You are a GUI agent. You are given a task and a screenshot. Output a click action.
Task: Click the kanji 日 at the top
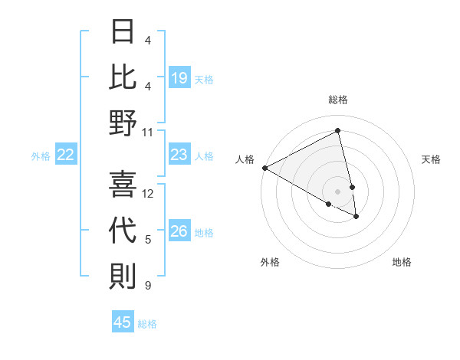(123, 33)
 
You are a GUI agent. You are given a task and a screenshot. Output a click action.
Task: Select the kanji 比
(123, 78)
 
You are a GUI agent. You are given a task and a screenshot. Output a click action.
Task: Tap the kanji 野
(123, 123)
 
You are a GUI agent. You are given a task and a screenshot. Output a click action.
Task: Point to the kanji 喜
(123, 185)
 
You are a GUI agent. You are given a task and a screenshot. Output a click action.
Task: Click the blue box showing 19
(179, 78)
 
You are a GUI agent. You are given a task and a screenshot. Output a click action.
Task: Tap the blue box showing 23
(179, 155)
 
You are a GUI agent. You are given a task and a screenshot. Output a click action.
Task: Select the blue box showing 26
(179, 232)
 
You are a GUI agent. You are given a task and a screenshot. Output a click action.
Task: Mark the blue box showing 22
(66, 155)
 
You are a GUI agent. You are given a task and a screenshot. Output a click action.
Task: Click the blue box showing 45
(123, 322)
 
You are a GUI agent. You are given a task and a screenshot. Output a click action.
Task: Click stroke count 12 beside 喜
(148, 194)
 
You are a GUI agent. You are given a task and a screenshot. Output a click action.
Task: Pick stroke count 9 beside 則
(148, 286)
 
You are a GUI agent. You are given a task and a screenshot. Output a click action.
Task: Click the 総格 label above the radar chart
(338, 100)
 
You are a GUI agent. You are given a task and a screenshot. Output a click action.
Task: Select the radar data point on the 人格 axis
(264, 167)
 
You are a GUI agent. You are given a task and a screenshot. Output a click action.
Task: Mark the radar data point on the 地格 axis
(356, 217)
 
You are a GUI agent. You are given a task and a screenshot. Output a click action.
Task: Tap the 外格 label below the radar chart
(270, 262)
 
